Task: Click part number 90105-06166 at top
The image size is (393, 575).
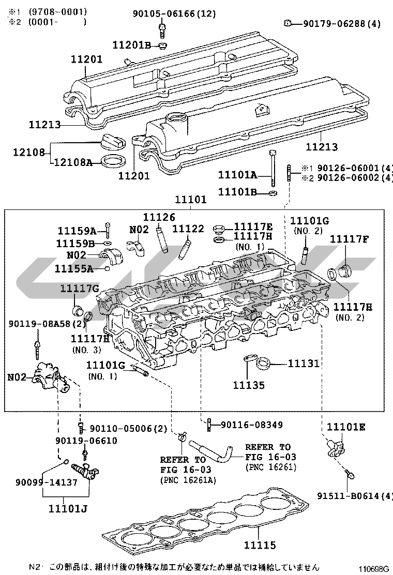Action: (x=164, y=13)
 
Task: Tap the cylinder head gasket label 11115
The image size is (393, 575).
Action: (x=260, y=546)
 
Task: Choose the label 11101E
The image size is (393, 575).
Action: (x=346, y=427)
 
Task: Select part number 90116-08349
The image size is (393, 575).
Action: (x=252, y=425)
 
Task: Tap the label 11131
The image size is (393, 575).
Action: (x=304, y=364)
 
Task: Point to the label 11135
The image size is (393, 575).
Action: (x=249, y=385)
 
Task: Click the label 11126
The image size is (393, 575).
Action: (x=159, y=217)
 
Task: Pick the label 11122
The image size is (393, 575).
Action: (x=188, y=229)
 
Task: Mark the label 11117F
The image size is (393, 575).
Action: (x=350, y=239)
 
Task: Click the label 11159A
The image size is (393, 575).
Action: (x=77, y=231)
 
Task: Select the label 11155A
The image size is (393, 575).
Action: (x=74, y=269)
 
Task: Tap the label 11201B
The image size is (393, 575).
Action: (x=132, y=45)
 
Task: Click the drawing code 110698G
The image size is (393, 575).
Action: (x=373, y=569)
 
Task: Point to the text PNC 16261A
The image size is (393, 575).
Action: (x=188, y=480)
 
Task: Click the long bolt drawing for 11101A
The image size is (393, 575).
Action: (x=273, y=169)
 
